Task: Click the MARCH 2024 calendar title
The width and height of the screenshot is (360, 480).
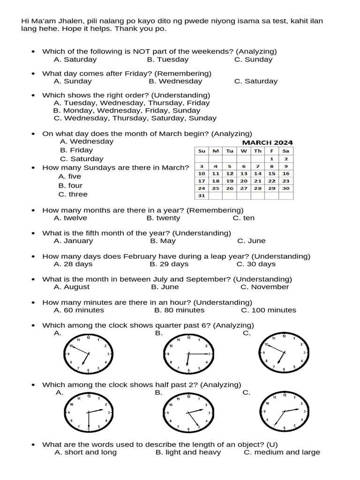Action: [267, 142]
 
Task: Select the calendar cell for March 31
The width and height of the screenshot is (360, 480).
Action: [202, 196]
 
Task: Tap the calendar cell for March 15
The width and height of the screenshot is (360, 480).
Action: [271, 173]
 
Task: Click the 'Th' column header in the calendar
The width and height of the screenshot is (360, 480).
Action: [257, 151]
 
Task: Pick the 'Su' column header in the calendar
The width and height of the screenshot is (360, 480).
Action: [202, 151]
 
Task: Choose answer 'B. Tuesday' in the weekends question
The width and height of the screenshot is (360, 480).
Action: [167, 60]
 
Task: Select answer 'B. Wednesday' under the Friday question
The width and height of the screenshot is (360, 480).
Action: [175, 81]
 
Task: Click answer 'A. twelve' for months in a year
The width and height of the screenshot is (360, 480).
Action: [70, 218]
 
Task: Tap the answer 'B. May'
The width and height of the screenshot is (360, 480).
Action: [163, 241]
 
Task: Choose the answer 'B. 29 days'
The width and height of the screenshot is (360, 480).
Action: [169, 264]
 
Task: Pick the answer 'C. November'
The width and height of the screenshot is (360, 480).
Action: [265, 287]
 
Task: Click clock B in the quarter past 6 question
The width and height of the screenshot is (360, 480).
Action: [188, 354]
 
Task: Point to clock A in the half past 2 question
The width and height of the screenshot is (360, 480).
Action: [89, 412]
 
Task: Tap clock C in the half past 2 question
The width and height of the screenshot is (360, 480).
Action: [285, 411]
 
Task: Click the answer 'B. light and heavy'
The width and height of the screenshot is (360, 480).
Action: [188, 452]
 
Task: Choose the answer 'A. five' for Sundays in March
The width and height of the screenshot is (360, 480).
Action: [70, 177]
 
